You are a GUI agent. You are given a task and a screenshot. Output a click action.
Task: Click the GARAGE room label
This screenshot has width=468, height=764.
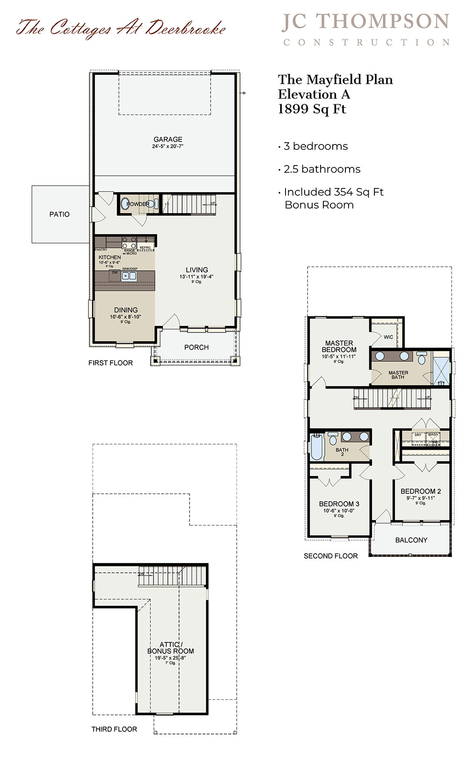coord(168,139)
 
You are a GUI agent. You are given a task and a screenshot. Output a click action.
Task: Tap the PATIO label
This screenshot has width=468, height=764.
coord(59,214)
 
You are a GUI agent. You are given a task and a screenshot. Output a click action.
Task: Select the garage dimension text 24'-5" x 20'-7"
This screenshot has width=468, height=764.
coord(168,146)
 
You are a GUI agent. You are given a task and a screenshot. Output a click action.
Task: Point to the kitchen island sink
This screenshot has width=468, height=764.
coord(129,276)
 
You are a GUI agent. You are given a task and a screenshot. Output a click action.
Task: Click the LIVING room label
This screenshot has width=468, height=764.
coord(197,270)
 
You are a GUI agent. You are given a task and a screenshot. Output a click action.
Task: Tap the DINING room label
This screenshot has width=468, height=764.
coord(126,310)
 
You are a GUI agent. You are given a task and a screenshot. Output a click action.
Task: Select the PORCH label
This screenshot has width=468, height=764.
coord(196,347)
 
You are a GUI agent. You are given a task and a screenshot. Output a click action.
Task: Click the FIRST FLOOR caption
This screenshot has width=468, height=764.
coord(110,363)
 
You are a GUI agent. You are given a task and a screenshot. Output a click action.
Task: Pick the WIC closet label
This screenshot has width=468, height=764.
coord(388,337)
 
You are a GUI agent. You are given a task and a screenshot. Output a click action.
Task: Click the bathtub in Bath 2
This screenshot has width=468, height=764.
coord(316,447)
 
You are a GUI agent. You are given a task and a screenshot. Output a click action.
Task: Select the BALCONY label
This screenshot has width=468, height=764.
coord(411,540)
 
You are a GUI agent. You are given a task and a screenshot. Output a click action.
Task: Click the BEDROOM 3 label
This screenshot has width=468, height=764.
coord(339,504)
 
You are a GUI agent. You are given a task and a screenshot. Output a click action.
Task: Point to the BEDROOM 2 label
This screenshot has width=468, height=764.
coord(420,491)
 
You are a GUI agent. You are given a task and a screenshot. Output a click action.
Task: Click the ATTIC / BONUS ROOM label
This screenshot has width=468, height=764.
coord(170,648)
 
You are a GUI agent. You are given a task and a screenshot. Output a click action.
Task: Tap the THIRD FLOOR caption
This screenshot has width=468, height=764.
coord(114,729)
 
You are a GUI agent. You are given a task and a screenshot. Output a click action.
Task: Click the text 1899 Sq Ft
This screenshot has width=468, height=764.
coord(312,109)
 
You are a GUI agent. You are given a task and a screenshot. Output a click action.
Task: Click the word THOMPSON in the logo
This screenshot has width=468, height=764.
coord(382,22)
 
